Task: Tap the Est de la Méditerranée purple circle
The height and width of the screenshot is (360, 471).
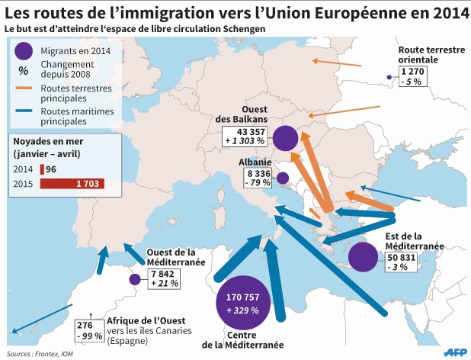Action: pos(364,256)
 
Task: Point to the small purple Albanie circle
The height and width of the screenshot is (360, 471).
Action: pos(282,179)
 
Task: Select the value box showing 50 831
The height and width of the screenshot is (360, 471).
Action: pos(405,261)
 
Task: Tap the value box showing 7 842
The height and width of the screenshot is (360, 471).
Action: pos(165,278)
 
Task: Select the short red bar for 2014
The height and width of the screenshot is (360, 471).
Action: pos(42,169)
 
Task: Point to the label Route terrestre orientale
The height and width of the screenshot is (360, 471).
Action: pos(431,54)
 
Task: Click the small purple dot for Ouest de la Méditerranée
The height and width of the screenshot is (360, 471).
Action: pos(135,280)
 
